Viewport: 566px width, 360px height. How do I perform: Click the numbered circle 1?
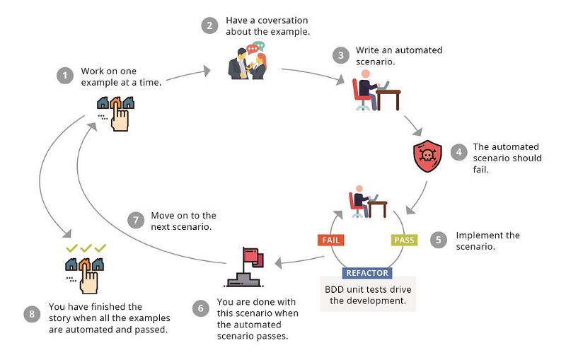(65, 76)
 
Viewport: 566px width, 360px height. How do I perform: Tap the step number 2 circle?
(209, 26)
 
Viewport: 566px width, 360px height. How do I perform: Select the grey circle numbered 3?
(341, 56)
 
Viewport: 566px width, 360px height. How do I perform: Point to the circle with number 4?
(458, 152)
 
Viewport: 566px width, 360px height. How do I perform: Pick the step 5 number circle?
(439, 240)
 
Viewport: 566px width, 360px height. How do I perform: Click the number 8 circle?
(30, 314)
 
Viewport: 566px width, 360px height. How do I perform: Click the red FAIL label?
(331, 240)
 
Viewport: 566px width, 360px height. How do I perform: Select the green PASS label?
(404, 240)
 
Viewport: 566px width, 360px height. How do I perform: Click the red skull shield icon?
(427, 156)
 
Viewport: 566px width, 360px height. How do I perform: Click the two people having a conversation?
(247, 62)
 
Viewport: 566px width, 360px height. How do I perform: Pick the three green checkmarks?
(86, 248)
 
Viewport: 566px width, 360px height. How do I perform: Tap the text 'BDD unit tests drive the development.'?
(369, 294)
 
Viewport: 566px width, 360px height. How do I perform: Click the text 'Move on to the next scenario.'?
(185, 221)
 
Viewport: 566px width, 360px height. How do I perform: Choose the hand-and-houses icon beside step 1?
(116, 112)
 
